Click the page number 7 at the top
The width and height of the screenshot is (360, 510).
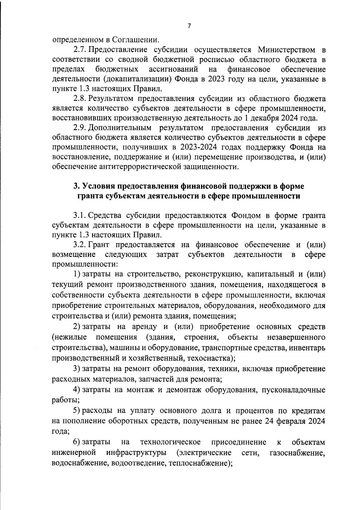click(189, 26)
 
